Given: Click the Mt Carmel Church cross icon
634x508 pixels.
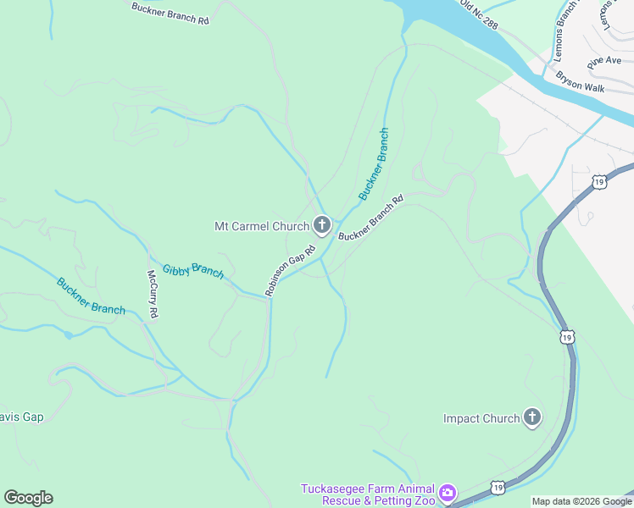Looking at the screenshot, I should (322, 225).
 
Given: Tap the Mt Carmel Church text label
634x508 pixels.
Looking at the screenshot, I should (261, 226).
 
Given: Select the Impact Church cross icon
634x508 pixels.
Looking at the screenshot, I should (532, 417).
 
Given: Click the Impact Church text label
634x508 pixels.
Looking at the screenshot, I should (481, 418).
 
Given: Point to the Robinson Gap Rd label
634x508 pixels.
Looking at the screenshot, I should (290, 270).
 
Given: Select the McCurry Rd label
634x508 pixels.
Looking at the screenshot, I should (153, 294).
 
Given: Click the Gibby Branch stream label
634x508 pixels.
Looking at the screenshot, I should (193, 271).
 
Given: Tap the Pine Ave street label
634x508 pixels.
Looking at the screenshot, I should (604, 61).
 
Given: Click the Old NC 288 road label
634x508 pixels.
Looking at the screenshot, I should (479, 14).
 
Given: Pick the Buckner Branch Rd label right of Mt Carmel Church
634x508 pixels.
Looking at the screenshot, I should (370, 218).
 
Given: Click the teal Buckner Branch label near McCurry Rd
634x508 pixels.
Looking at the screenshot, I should (91, 295).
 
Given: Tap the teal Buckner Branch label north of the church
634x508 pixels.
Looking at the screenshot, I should (374, 164).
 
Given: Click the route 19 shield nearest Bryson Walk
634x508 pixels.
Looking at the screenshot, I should (599, 181).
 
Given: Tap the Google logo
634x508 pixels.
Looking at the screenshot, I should (28, 498).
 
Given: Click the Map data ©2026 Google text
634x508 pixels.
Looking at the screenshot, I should (581, 501).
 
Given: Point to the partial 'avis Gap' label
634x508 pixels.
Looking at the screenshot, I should (22, 417).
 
